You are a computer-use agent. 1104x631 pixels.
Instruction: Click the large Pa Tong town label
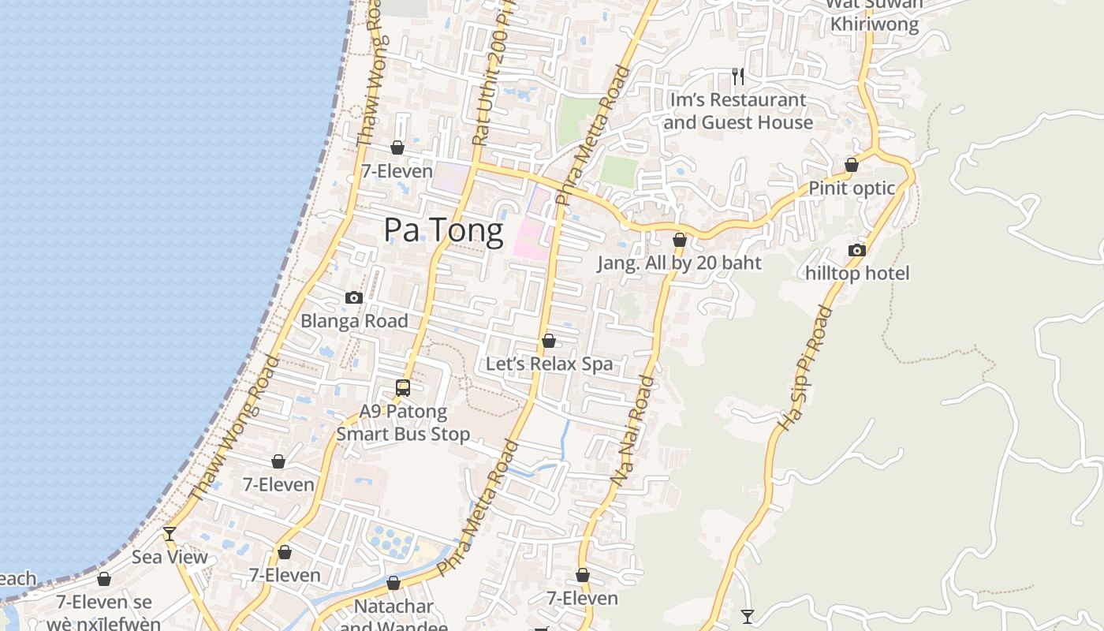[443, 230]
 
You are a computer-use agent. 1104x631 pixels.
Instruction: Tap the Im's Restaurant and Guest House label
[738, 111]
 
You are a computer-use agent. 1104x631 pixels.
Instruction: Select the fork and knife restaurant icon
[738, 77]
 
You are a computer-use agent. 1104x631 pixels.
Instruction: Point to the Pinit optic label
[852, 189]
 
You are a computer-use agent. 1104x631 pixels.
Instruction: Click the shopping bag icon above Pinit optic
[852, 165]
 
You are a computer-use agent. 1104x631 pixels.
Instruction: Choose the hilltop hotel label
[857, 274]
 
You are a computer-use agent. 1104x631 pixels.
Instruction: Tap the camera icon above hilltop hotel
[857, 251]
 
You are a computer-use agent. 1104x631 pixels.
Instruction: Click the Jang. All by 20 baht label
[679, 263]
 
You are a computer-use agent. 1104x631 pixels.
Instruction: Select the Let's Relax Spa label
[549, 364]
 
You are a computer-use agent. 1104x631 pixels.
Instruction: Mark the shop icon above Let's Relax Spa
[549, 341]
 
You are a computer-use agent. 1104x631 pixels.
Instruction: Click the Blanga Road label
[354, 321]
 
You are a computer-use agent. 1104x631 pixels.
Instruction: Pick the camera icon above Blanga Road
[354, 297]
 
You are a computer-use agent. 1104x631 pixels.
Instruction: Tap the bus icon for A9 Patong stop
[403, 388]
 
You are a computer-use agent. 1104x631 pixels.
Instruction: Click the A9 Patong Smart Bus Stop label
[403, 423]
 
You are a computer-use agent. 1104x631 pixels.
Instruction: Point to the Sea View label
[170, 558]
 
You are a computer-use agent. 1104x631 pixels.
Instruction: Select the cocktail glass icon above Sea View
[170, 534]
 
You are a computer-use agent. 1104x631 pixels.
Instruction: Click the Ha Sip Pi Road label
[805, 368]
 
